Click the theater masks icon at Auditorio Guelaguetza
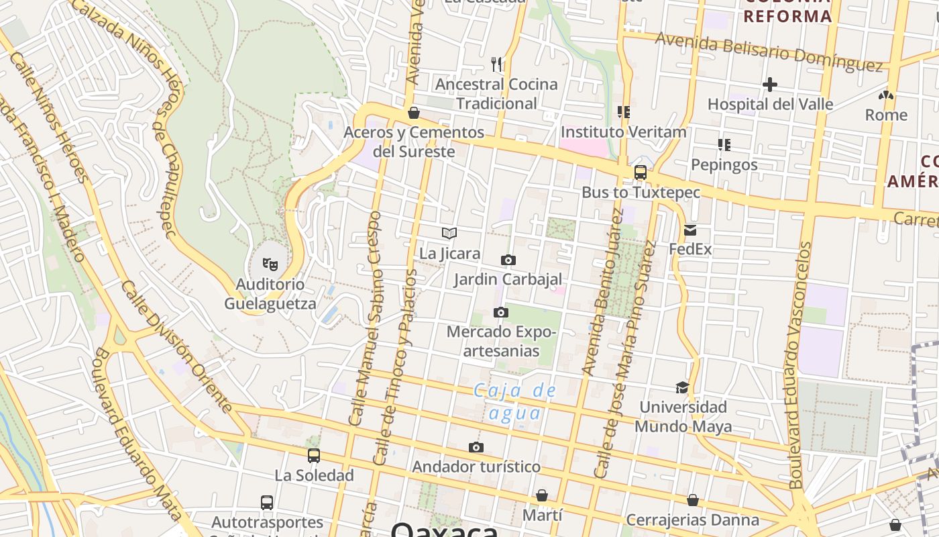tap(270, 264)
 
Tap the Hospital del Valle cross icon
tap(770, 85)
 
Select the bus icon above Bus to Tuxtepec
tap(641, 173)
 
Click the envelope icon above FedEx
tap(690, 230)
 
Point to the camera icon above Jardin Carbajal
tap(508, 260)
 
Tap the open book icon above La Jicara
tap(449, 234)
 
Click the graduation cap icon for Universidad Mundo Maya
tap(682, 387)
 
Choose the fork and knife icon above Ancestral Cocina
tap(496, 64)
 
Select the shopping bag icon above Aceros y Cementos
tap(414, 113)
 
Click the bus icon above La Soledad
tap(314, 456)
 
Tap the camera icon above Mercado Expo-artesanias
tap(500, 312)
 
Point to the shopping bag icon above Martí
tap(542, 495)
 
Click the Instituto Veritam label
tap(623, 132)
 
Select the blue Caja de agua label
tap(514, 401)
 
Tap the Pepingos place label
tap(724, 164)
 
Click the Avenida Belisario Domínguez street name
tap(769, 51)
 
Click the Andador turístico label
tap(476, 467)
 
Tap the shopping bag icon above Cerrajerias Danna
tap(693, 500)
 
